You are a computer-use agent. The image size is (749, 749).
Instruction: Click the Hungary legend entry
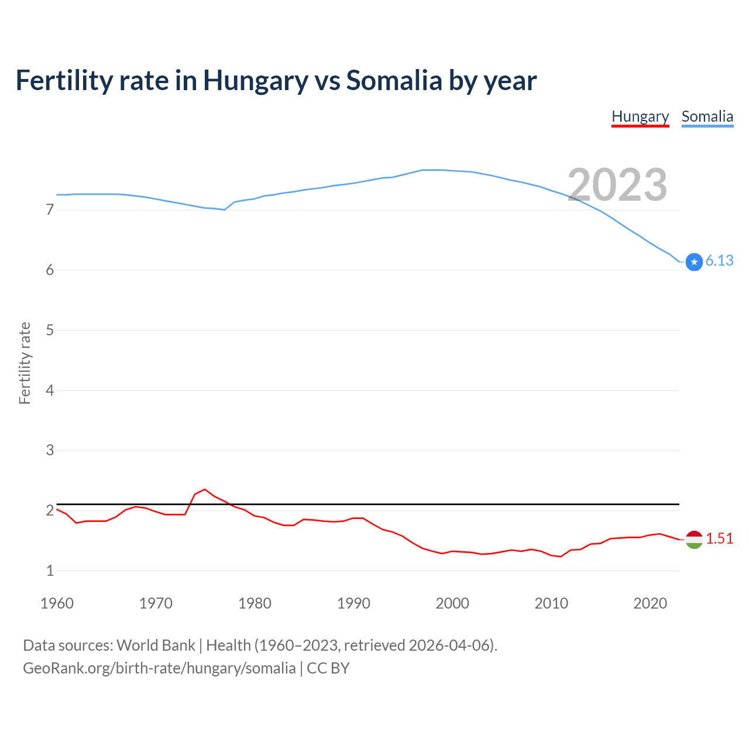click(640, 116)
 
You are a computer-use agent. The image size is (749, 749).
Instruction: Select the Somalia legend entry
click(707, 116)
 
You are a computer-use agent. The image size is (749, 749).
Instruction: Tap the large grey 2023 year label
click(617, 185)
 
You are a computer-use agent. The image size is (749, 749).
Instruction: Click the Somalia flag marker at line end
click(694, 262)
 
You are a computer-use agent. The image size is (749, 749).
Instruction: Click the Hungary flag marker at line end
click(694, 540)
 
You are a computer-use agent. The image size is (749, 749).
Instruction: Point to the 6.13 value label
click(719, 261)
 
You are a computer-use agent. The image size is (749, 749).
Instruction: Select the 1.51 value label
click(719, 539)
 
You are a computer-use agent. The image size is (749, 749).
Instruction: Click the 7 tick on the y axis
click(50, 209)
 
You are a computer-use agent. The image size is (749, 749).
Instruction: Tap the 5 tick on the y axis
click(50, 330)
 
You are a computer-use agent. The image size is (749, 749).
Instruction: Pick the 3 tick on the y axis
click(50, 450)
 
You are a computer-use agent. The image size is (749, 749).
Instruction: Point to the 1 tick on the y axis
click(50, 571)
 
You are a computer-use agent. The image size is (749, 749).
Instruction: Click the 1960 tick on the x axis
click(57, 603)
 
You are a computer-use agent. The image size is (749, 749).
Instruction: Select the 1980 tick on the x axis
click(255, 603)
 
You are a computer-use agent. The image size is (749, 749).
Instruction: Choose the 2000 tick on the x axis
click(452, 603)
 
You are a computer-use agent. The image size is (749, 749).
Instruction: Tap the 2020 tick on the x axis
click(650, 603)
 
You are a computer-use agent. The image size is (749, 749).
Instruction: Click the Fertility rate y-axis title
click(25, 363)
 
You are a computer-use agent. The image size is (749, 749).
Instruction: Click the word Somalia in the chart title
click(394, 81)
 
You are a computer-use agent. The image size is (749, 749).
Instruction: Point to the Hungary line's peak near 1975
click(205, 489)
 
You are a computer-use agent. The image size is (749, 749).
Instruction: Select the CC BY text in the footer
click(328, 668)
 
